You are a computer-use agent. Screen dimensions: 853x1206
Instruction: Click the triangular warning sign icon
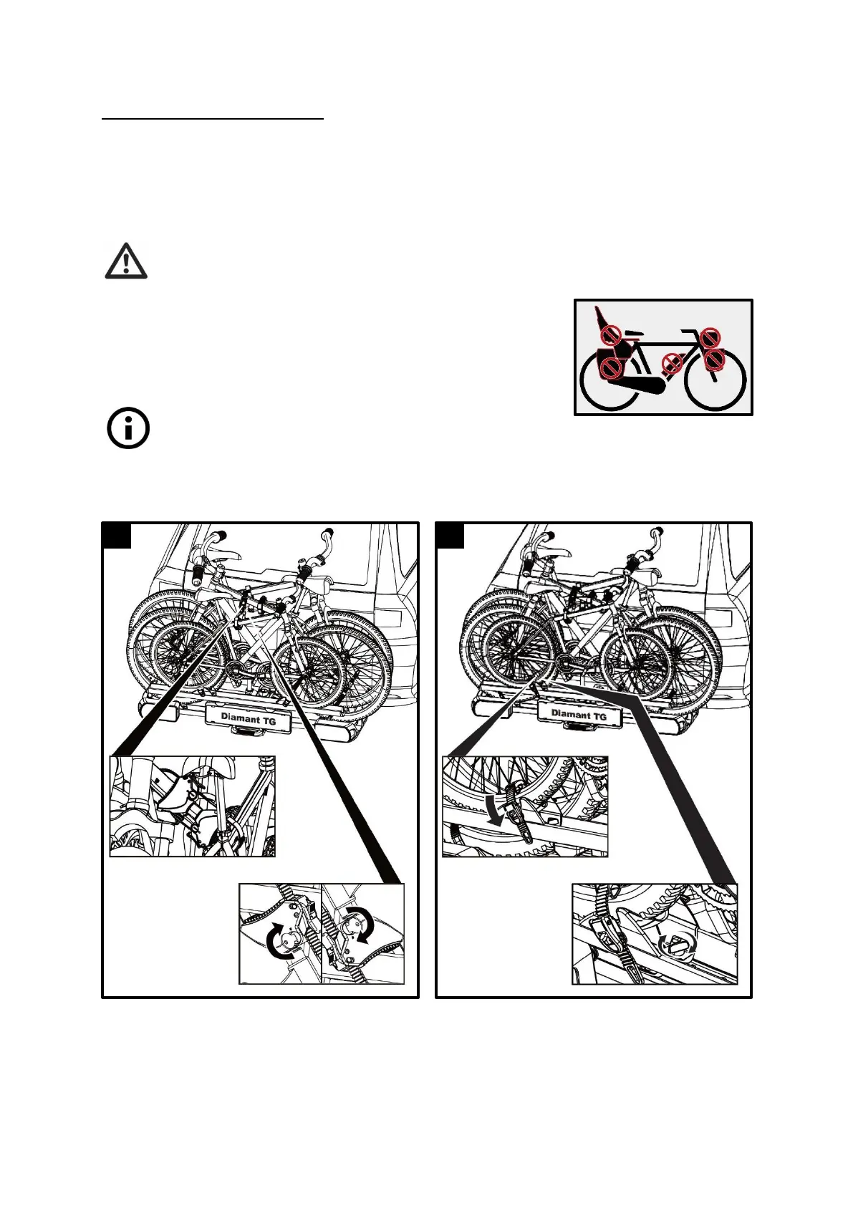point(126,261)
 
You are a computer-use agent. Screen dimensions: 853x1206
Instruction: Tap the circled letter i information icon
point(128,429)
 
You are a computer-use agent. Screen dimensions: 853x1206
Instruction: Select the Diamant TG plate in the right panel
point(579,714)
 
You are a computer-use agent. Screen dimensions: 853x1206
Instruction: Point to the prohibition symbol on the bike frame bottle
point(672,365)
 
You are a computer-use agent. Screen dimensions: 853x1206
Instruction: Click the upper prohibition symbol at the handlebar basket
point(710,337)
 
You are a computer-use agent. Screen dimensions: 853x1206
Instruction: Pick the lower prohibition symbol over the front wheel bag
point(715,360)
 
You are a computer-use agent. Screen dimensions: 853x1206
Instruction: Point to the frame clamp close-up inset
point(192,806)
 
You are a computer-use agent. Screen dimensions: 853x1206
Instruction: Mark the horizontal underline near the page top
point(213,119)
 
